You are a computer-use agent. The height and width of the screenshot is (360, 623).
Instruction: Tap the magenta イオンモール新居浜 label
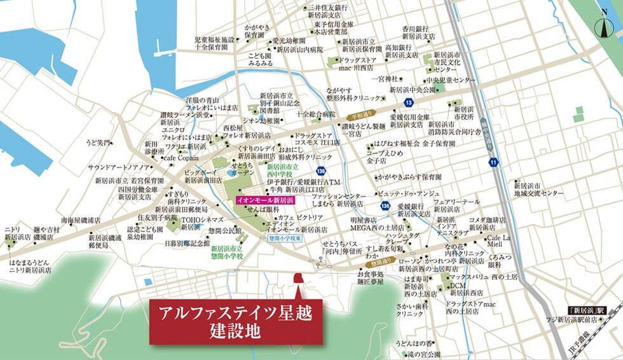coord(264,200)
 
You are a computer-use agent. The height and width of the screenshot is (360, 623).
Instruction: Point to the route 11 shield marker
coord(493,163)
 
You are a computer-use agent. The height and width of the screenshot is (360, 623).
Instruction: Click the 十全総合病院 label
coord(315,114)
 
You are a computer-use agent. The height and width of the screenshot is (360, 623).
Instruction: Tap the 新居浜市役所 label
coord(461,113)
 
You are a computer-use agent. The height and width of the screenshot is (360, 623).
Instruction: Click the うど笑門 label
coord(99,142)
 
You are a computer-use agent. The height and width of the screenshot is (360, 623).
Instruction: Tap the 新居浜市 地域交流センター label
coord(538,189)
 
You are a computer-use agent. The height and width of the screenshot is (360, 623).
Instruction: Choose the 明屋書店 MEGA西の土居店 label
coord(377,224)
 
